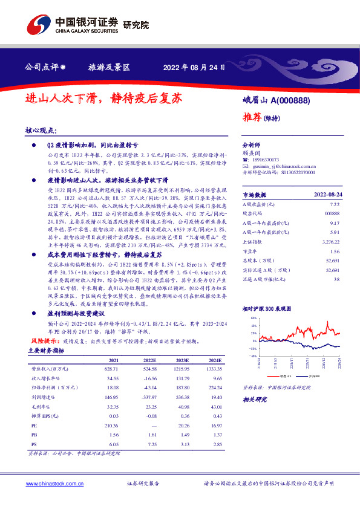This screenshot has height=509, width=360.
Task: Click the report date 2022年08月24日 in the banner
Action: (x=190, y=67)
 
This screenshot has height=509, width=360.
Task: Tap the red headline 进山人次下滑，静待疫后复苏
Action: (x=103, y=98)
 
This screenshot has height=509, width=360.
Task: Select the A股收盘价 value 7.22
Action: (x=336, y=206)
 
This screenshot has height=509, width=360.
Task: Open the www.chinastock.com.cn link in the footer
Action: (x=52, y=484)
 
